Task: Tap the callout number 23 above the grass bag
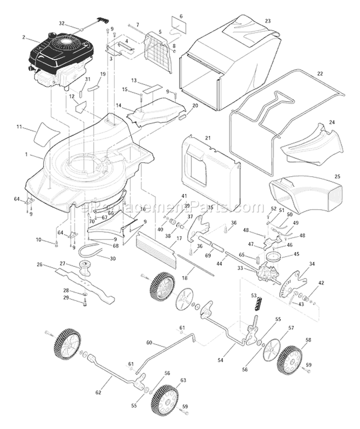click(268, 21)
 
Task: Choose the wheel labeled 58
click(289, 359)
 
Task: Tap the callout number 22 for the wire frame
click(320, 73)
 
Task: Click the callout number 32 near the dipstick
click(61, 23)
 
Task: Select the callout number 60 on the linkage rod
click(149, 343)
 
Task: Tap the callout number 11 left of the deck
click(19, 127)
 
